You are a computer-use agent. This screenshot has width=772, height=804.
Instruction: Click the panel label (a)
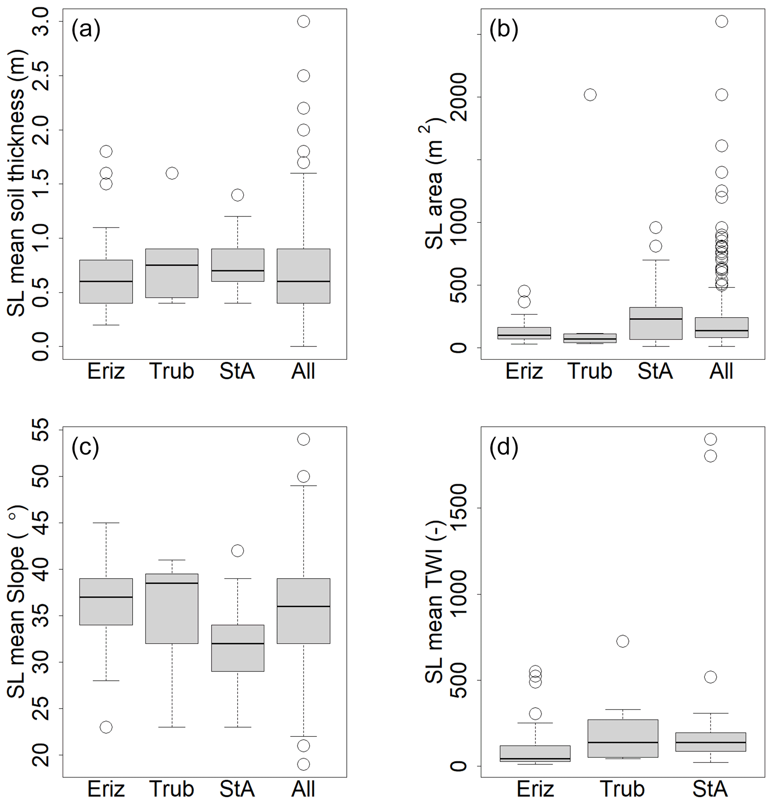[x=86, y=30]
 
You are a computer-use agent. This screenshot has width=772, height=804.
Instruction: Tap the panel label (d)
[x=503, y=447]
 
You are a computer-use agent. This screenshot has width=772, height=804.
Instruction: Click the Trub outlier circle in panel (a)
[x=172, y=173]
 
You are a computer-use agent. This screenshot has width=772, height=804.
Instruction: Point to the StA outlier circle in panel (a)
[x=238, y=195]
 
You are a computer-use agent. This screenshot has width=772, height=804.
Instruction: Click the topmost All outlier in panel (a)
[x=303, y=21]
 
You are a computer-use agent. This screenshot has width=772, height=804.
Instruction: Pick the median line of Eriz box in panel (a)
[x=106, y=281]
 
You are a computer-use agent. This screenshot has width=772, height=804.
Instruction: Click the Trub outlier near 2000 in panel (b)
[x=590, y=95]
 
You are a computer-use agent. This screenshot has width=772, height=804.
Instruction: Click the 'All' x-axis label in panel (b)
[x=721, y=371]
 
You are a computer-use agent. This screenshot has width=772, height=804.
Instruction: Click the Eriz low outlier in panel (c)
[x=106, y=727]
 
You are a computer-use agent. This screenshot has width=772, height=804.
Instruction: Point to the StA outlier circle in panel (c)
[x=238, y=551]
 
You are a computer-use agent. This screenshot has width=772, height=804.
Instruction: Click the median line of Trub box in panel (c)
[x=172, y=583]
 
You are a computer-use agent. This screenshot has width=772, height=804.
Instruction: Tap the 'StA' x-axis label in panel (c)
[x=237, y=789]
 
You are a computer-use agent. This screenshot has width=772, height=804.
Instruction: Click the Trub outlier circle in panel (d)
[x=623, y=641]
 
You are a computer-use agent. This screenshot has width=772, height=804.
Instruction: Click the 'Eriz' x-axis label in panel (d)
[x=535, y=789]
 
